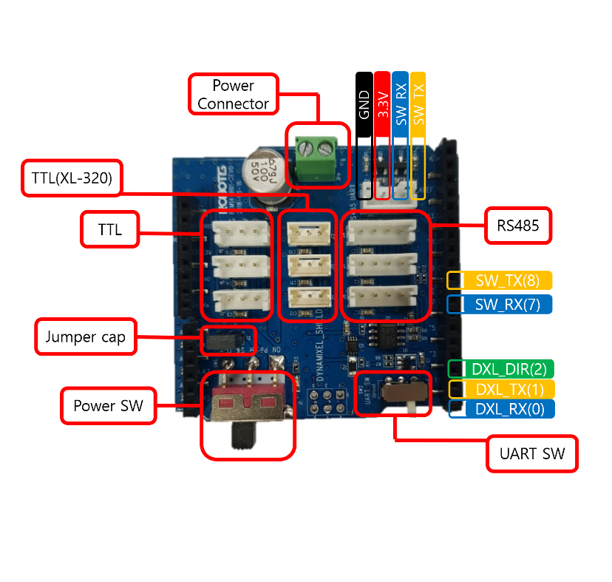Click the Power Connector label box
pos(233,95)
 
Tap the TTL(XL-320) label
pos(71,177)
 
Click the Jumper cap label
pos(86,337)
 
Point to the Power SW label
pos(108,405)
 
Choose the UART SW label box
pos(532,453)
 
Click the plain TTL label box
pos(109,229)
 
